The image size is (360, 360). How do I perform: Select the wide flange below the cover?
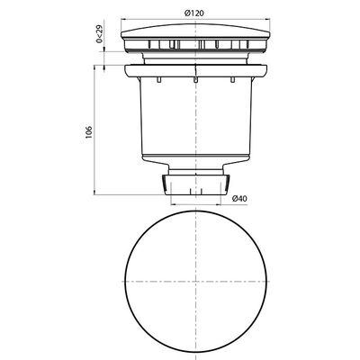pos(194,69)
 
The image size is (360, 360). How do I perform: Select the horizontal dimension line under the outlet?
pos(194,205)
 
